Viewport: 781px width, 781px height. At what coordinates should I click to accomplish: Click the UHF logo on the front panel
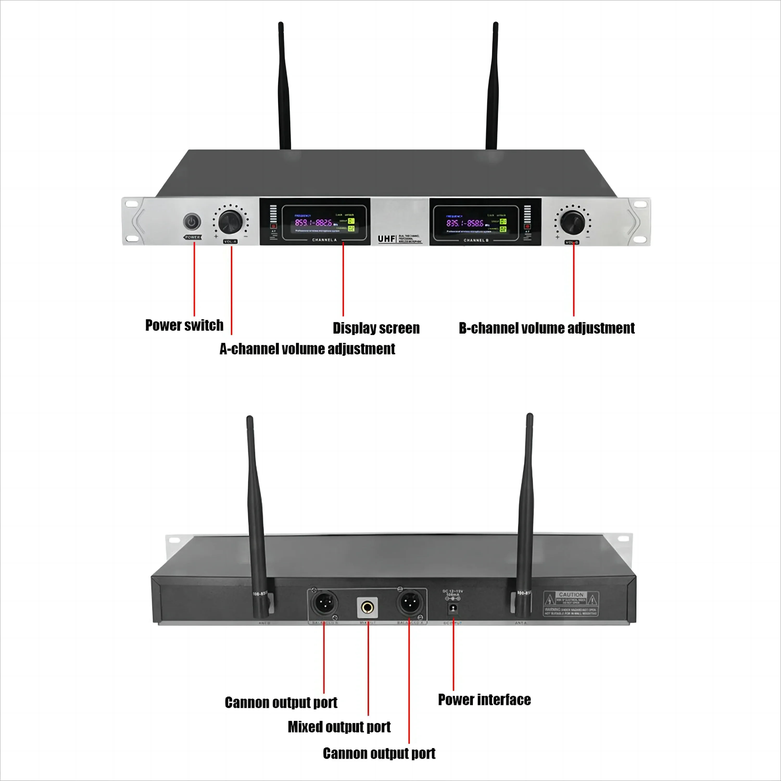click(x=386, y=239)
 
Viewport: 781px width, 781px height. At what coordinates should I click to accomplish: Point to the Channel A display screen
click(x=324, y=223)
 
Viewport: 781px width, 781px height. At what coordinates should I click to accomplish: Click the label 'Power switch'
click(x=184, y=325)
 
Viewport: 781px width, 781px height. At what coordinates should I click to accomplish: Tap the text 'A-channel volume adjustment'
click(x=307, y=349)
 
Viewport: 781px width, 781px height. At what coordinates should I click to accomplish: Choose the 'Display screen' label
click(x=376, y=328)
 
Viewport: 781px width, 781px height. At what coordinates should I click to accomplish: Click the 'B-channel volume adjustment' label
click(x=546, y=328)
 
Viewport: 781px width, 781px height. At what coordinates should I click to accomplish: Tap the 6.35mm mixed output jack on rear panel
click(x=367, y=607)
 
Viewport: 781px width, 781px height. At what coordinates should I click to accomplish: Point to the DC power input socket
click(x=453, y=608)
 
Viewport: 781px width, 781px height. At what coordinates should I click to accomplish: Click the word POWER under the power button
click(x=192, y=237)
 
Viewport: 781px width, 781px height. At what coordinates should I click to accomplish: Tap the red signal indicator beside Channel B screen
click(x=527, y=226)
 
